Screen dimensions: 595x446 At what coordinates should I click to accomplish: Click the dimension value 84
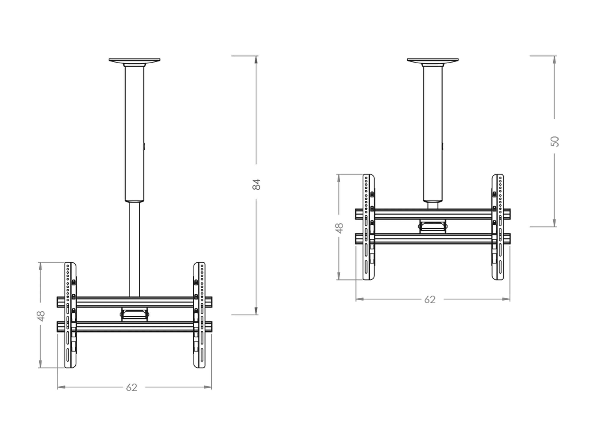256,184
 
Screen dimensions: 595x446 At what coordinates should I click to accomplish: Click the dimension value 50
555,142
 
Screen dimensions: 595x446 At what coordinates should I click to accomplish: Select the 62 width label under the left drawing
132,387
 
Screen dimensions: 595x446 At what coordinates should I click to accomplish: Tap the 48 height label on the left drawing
41,316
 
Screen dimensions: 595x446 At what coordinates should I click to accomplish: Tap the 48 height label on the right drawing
339,228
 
